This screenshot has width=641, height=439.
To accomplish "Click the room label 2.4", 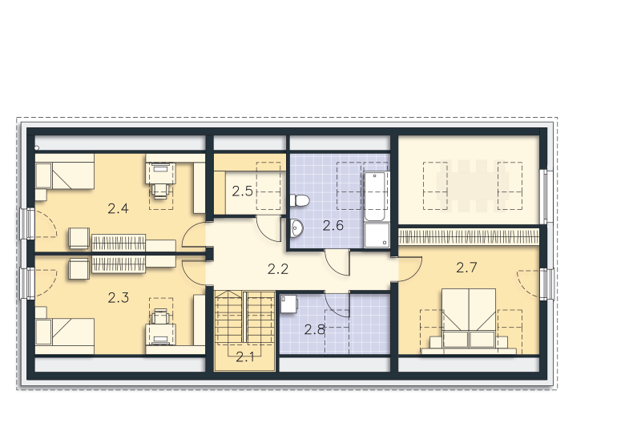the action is [118, 209].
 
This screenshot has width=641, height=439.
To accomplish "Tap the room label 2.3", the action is [118, 297].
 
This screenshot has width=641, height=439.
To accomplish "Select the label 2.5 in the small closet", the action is [243, 191].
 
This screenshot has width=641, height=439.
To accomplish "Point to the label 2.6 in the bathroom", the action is [333, 225].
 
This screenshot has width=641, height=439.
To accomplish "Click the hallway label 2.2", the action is [278, 269].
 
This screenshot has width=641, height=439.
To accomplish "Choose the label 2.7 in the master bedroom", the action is [466, 268].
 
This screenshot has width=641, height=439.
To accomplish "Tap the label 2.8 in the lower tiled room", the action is [314, 329].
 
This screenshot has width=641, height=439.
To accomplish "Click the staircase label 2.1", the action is [245, 357].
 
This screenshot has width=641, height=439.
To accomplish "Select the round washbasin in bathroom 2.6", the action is [296, 228].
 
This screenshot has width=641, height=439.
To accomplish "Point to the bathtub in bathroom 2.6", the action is [375, 196].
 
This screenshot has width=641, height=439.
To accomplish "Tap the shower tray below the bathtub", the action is [377, 235].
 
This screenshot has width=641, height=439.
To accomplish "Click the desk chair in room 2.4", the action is [160, 190].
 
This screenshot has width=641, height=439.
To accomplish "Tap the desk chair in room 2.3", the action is [160, 316].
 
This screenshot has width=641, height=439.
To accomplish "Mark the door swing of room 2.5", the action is [268, 228].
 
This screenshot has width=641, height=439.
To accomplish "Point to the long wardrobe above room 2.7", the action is [469, 236].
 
